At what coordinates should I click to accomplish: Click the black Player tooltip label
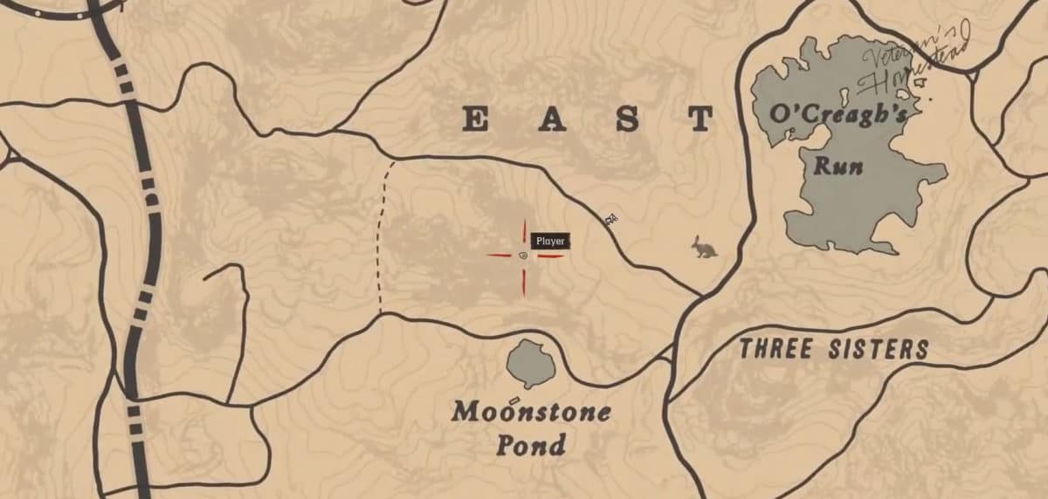[550, 241]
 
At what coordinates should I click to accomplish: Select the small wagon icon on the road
[611, 218]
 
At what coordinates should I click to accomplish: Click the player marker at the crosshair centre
[523, 256]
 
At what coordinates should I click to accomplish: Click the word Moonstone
[530, 412]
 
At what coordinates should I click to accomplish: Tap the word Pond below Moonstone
[530, 445]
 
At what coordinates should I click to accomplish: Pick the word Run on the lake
[838, 165]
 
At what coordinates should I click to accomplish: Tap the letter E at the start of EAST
[476, 120]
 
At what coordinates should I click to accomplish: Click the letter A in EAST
[552, 120]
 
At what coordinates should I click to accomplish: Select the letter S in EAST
[628, 120]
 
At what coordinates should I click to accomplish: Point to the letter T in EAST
[700, 120]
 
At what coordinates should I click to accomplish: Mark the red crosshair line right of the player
[550, 256]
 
